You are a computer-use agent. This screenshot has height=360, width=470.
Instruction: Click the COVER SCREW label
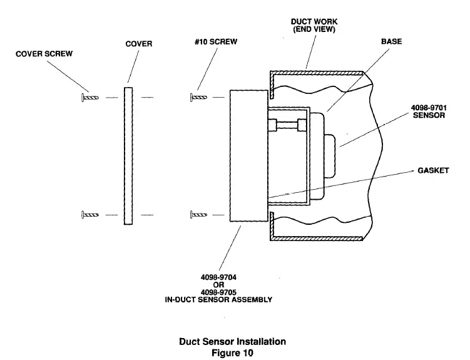coord(44,54)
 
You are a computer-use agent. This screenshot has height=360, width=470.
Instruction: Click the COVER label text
coord(139,44)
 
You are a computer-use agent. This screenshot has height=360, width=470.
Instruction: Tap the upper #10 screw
coord(198,97)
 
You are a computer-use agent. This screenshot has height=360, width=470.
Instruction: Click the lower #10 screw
coord(198,215)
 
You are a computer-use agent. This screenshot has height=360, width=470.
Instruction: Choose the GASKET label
coord(433,170)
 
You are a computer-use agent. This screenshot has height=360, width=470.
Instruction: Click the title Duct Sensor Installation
coord(232,341)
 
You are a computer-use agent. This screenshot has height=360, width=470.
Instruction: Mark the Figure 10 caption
coord(232,352)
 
